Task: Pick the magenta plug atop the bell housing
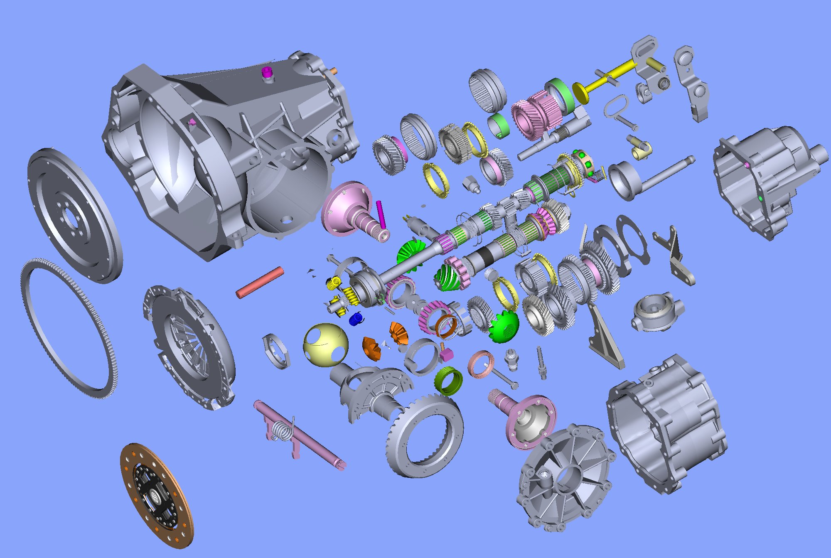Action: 267,72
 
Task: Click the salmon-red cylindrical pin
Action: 260,282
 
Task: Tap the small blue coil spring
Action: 356,319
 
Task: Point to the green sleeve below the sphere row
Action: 449,381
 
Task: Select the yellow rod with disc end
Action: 602,79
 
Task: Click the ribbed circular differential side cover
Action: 565,478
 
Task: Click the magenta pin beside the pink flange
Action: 381,214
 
